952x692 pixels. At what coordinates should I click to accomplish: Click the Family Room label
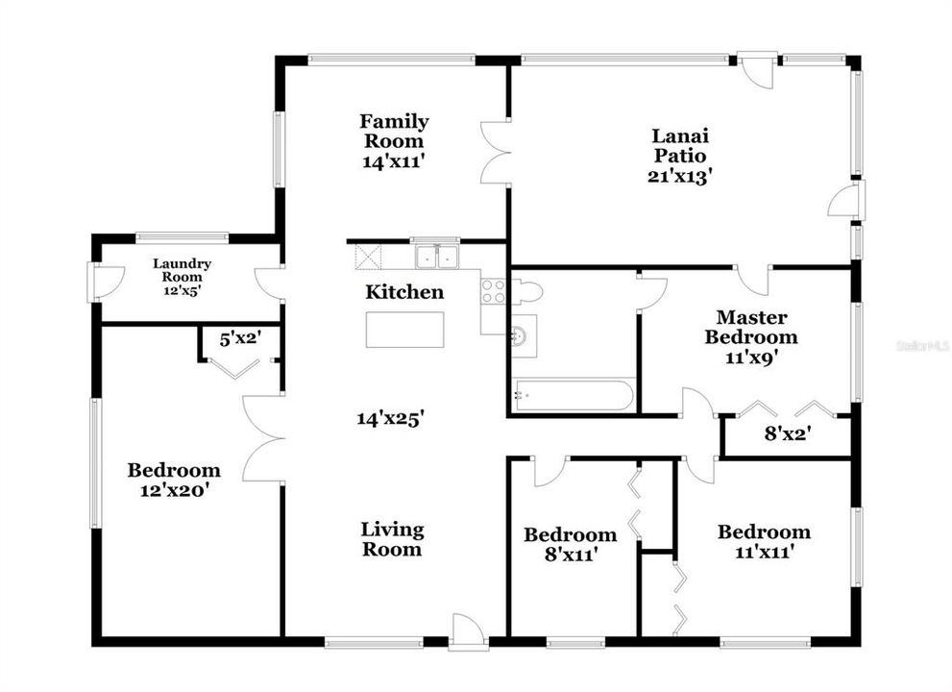394,140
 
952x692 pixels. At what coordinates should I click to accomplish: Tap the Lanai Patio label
680,155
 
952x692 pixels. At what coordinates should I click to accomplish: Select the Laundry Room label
182,276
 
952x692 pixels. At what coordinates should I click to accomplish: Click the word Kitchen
404,292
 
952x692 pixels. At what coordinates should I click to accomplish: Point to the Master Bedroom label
750,336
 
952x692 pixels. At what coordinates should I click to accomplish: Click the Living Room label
392,539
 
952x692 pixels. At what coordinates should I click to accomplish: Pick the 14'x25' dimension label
391,418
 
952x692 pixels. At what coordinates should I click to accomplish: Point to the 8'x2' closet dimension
788,433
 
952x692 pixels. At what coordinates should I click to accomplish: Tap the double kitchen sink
436,257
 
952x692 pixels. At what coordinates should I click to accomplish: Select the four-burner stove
493,291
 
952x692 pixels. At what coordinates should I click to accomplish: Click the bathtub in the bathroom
573,395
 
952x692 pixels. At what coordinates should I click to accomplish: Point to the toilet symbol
526,291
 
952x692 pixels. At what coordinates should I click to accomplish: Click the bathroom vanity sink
522,335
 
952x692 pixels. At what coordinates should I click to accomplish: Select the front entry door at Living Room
468,635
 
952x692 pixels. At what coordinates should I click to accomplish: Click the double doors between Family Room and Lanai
495,152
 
